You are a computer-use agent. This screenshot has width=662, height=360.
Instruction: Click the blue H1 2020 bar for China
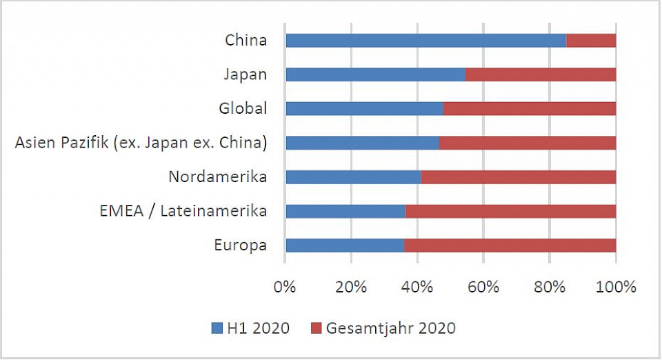[x=425, y=41]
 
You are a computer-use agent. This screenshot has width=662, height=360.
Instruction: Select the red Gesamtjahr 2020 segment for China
[x=591, y=41]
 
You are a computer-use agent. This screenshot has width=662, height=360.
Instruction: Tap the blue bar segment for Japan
[x=375, y=74]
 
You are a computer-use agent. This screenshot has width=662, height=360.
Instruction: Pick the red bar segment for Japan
[x=541, y=74]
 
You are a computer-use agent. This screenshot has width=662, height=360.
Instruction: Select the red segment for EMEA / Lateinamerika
[x=510, y=211]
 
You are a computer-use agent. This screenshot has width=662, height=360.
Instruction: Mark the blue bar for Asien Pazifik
[x=362, y=143]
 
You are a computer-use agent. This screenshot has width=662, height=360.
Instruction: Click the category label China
[x=246, y=40]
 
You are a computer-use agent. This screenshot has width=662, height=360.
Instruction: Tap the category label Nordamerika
[x=218, y=177]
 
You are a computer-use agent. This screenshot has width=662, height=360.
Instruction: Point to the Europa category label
[x=240, y=246]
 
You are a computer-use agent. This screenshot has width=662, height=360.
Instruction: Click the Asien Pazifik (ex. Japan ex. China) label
[x=141, y=143]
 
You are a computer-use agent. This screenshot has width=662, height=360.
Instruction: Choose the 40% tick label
[x=417, y=286]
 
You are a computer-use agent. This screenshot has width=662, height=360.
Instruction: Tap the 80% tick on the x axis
[x=550, y=286]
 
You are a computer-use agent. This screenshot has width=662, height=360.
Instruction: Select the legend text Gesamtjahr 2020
[x=392, y=328]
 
